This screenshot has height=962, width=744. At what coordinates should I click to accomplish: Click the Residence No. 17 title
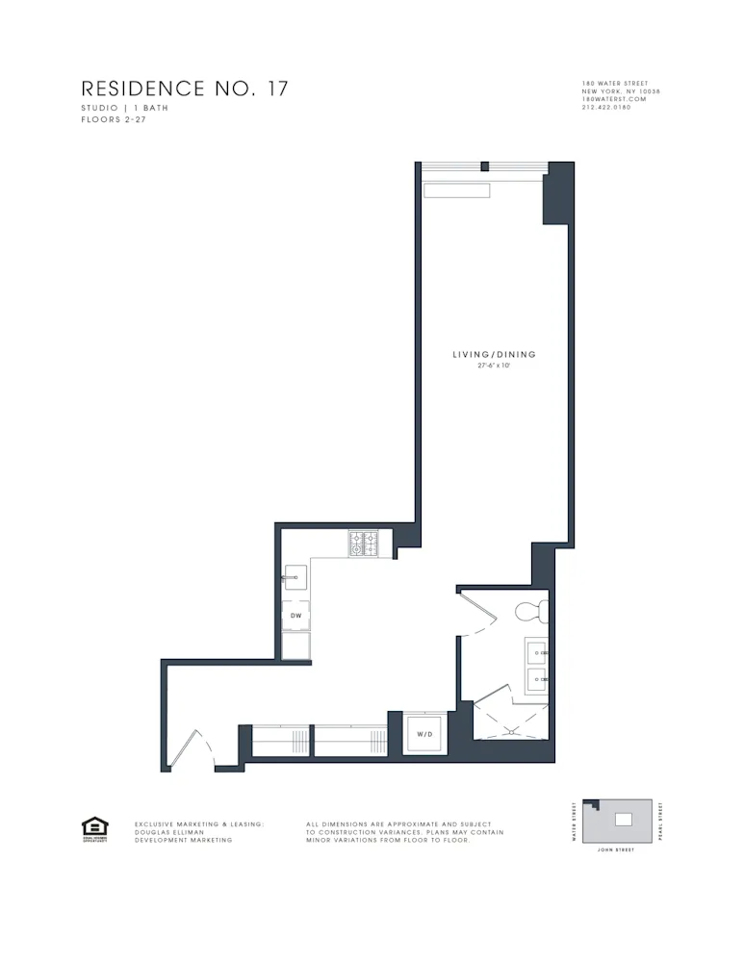[x=184, y=89]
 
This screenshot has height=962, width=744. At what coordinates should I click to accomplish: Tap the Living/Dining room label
[x=494, y=355]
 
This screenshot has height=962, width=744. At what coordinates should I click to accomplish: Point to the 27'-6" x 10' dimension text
[x=494, y=366]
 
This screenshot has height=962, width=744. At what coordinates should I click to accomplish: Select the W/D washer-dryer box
[x=423, y=734]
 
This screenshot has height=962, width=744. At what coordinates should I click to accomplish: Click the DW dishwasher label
[x=295, y=615]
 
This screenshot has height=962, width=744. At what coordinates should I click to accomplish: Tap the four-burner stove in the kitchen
[x=365, y=544]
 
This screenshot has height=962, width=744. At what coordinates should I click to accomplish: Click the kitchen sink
[x=295, y=578]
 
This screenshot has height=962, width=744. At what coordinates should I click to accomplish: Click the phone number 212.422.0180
[x=606, y=107]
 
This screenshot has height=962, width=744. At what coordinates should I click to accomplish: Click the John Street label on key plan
[x=616, y=850]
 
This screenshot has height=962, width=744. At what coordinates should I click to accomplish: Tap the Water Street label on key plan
[x=575, y=822]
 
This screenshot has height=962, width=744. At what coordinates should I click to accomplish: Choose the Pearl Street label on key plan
[x=660, y=822]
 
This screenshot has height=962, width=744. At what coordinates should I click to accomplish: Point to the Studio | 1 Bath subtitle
[x=124, y=109]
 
